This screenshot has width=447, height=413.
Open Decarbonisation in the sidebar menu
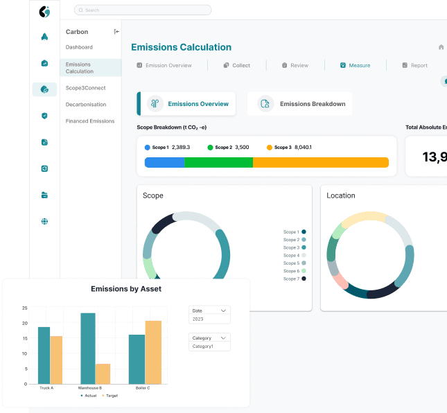[86, 105]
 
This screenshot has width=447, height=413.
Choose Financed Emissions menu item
[90, 121]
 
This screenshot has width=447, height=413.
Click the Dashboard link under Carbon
[79, 47]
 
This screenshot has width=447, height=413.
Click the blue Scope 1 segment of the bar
[164, 162]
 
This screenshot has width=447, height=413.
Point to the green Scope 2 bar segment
[218, 162]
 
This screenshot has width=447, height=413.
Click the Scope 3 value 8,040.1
[303, 148]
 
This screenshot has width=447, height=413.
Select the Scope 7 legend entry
[291, 279]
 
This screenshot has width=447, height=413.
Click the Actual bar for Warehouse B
[88, 348]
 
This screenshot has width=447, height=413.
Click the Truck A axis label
[46, 388]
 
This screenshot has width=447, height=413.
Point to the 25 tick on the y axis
[24, 308]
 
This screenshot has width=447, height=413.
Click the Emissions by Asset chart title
[126, 289]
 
